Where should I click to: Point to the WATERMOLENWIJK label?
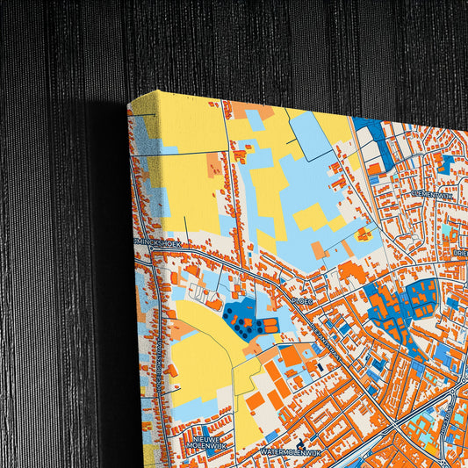click(x=287, y=451)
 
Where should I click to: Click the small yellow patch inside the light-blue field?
click(x=364, y=234)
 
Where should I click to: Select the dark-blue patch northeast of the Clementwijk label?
click(x=446, y=164)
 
